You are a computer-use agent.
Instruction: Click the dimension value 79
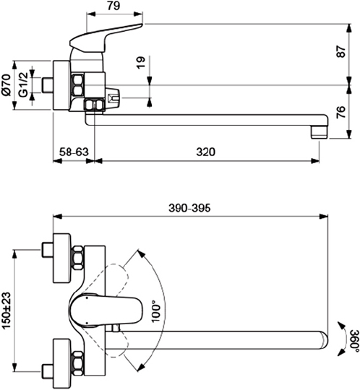[x=113, y=6]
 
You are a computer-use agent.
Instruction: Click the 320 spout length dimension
[x=206, y=152]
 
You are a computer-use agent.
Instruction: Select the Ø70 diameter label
[x=7, y=86]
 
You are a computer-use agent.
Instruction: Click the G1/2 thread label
[x=24, y=86]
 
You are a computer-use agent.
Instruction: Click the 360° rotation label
[x=351, y=340]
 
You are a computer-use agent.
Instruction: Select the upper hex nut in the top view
[x=77, y=259]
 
